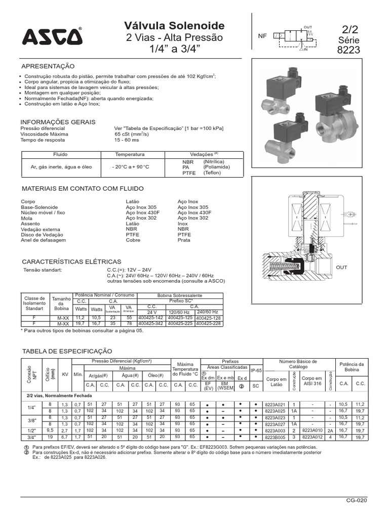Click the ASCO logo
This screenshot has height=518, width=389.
[51, 37]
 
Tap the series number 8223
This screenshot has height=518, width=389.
[348, 50]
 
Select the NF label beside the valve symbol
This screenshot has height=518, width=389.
[262, 36]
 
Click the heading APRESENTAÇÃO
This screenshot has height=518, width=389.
[48, 66]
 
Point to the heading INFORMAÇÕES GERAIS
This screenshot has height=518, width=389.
[58, 122]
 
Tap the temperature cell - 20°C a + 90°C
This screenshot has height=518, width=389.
[130, 166]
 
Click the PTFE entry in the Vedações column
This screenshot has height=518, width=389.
[189, 172]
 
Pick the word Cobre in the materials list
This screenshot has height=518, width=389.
[133, 240]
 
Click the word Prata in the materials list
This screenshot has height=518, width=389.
[184, 240]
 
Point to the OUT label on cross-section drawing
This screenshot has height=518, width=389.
[341, 267]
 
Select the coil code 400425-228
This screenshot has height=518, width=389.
[209, 323]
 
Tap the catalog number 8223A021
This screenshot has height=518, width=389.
[276, 404]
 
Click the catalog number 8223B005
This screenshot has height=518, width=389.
[276, 437]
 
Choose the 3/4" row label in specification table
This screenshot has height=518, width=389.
[31, 437]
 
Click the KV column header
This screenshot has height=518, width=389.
[64, 374]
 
